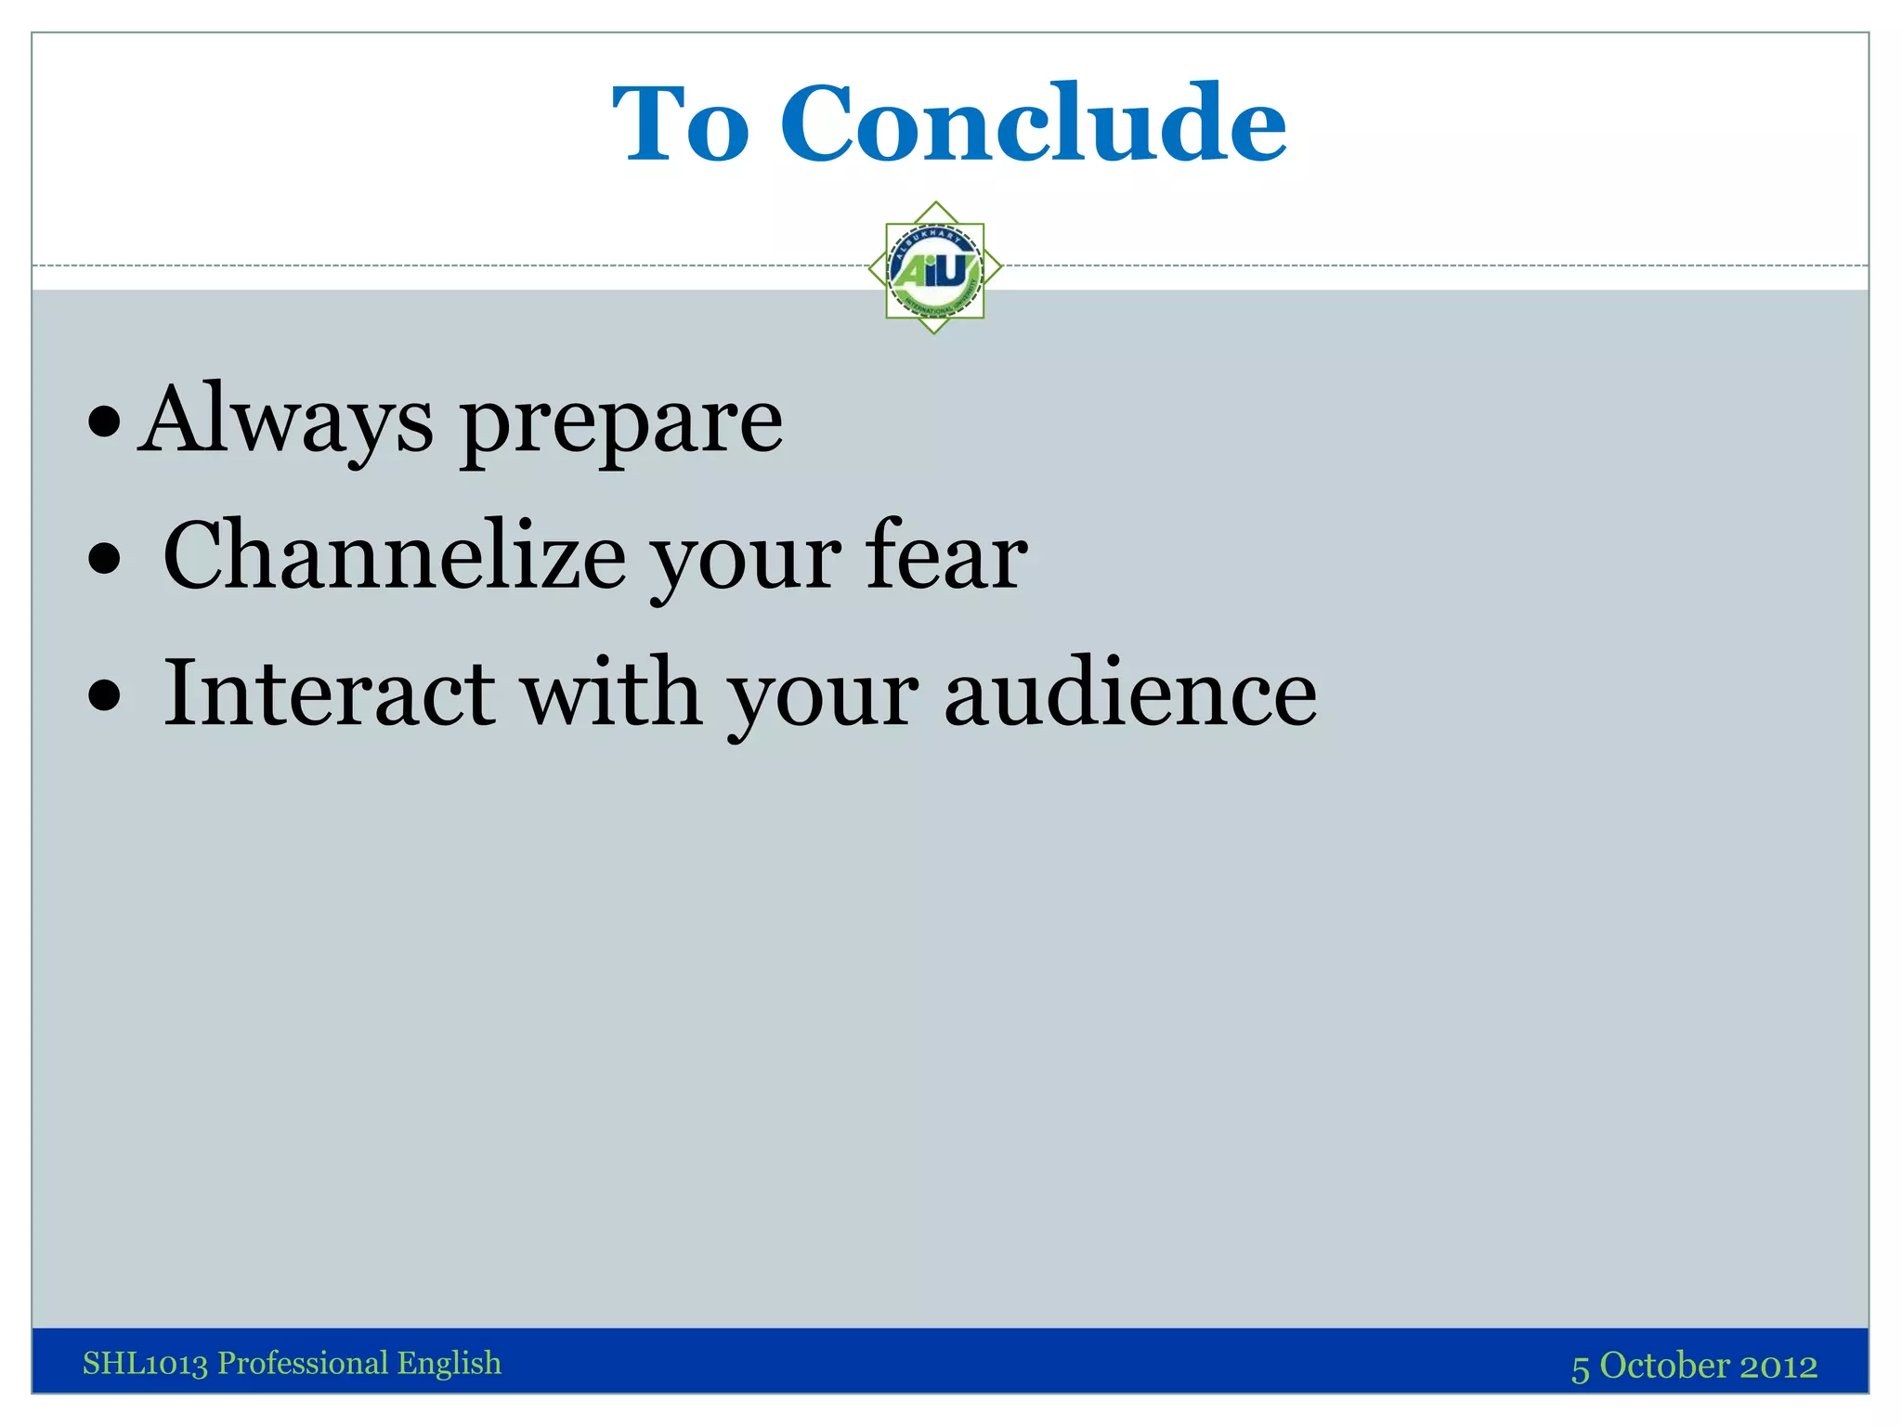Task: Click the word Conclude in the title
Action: pyautogui.click(x=1033, y=124)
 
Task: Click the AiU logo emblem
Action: pyautogui.click(x=934, y=268)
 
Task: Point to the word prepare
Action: pyautogui.click(x=621, y=427)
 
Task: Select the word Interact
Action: pyautogui.click(x=329, y=694)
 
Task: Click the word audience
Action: pyautogui.click(x=1130, y=694)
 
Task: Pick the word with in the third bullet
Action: pyautogui.click(x=610, y=694)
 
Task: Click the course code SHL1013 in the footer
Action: pyautogui.click(x=145, y=1364)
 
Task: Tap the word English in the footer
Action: pyautogui.click(x=449, y=1364)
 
